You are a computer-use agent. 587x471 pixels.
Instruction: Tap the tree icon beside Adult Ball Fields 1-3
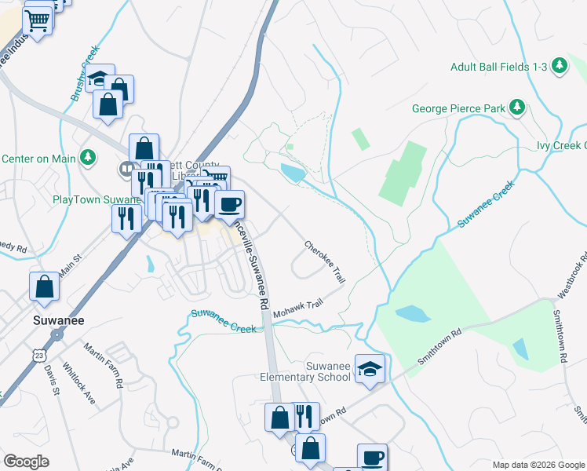[x=560, y=66]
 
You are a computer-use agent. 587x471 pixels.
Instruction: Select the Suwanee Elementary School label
[x=305, y=371]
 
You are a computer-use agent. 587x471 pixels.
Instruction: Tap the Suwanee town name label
[x=53, y=320]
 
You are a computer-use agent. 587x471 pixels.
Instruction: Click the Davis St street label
[x=52, y=379]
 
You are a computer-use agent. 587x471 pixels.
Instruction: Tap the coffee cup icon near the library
[x=229, y=205]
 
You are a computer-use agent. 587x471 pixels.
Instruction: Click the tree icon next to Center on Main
[x=89, y=158]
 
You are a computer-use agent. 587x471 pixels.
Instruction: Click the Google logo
[x=27, y=461]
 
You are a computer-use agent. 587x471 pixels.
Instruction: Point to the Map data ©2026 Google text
[x=537, y=465]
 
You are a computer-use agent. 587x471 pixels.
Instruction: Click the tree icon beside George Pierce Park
[x=516, y=106]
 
